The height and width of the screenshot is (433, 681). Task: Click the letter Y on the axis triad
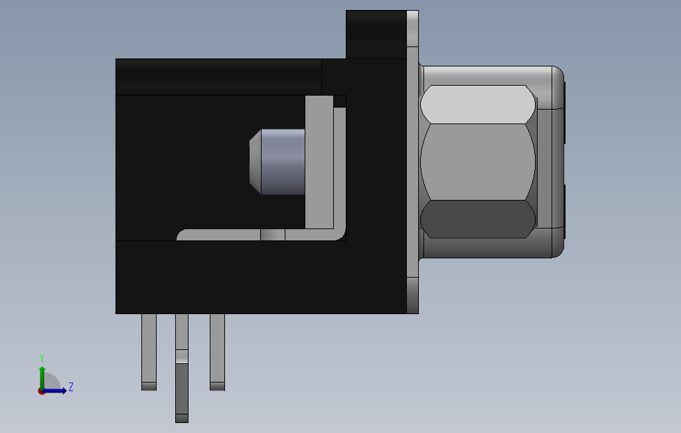coord(42,357)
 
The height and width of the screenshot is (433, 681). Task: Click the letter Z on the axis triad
coord(71,387)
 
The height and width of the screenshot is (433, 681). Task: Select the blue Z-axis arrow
coord(57,390)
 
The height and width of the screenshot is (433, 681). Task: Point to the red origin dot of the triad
coord(41,391)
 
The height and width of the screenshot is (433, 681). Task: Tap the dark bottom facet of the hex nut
coord(478,219)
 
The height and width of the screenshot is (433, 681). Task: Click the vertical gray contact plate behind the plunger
coord(319,159)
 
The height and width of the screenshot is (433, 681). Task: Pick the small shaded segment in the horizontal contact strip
coord(272,235)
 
